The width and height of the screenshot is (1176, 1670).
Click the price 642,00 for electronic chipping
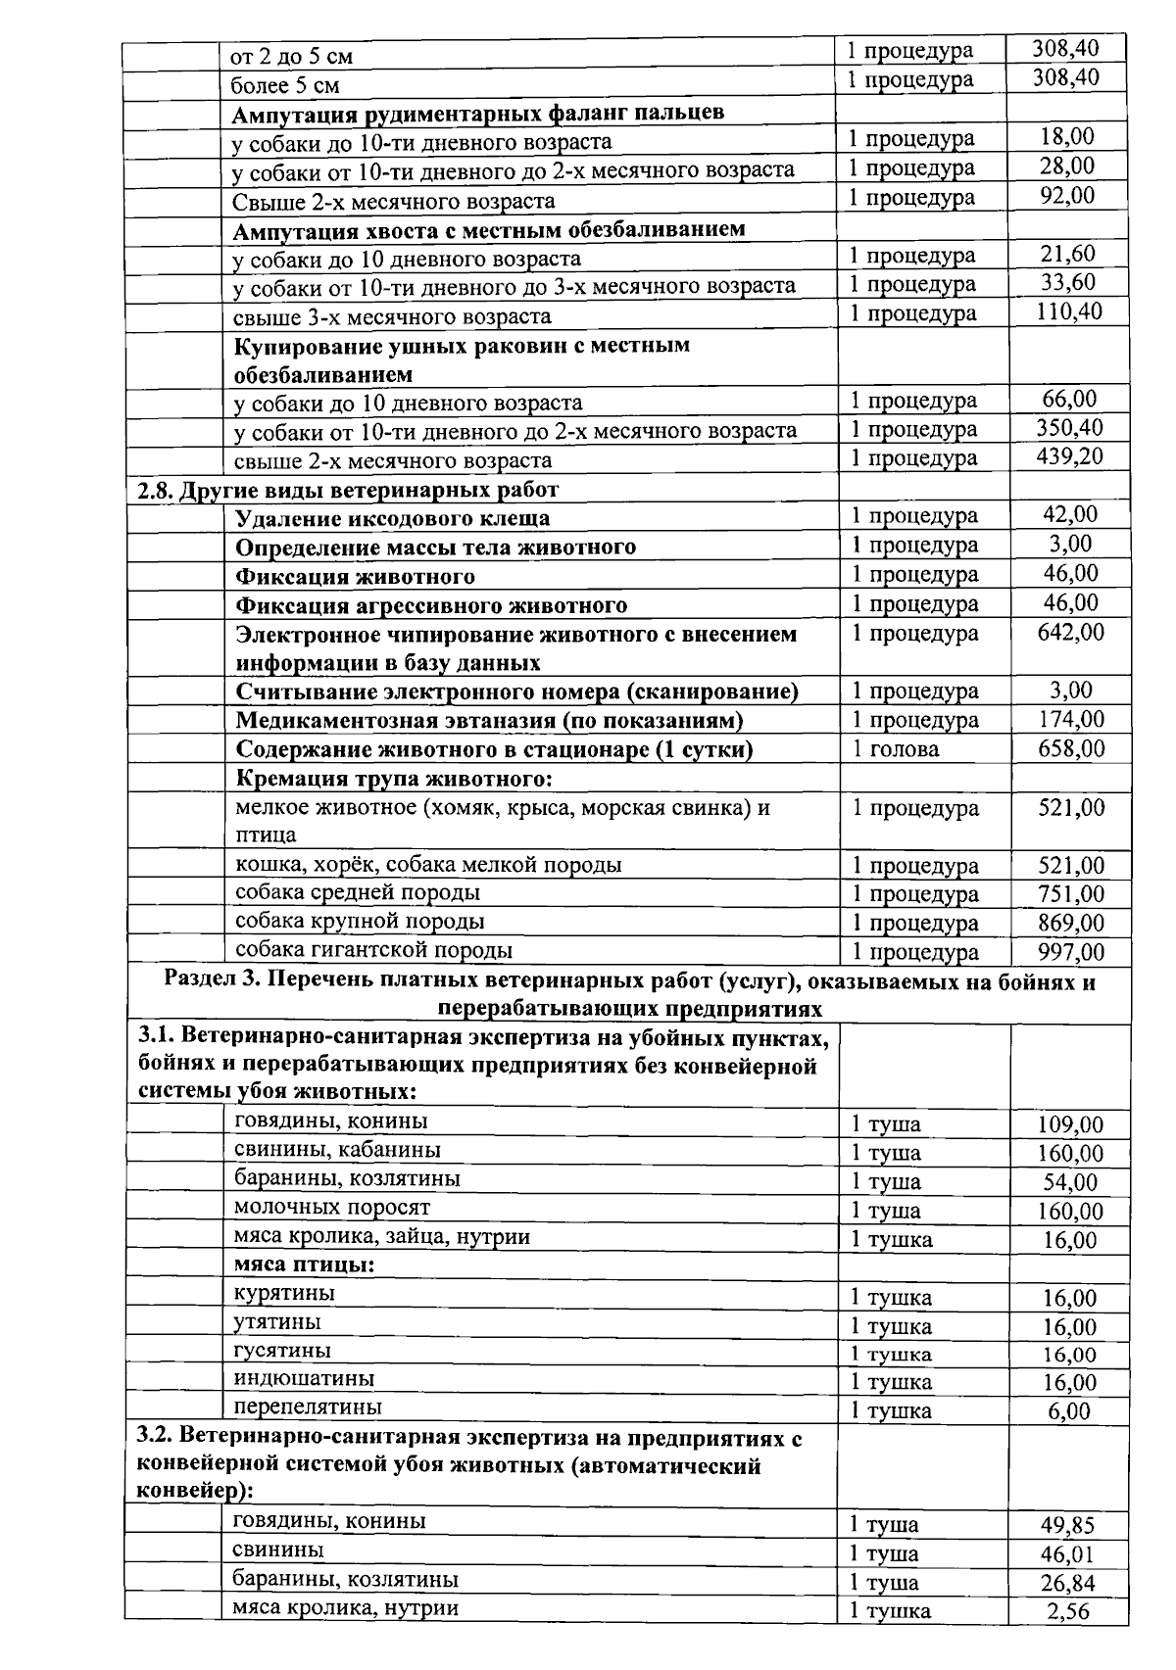click(1070, 633)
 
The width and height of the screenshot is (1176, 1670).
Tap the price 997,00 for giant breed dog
click(1070, 952)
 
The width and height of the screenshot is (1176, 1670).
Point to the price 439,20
click(1069, 456)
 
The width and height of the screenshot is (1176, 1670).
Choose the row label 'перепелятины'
click(308, 1408)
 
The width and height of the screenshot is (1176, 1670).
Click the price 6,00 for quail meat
click(1068, 1411)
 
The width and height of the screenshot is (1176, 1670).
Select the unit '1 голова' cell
click(895, 749)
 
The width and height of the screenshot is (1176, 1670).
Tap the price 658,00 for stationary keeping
click(1070, 749)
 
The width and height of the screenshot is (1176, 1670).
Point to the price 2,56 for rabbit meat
click(1067, 1612)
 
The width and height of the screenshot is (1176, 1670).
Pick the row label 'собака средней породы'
click(357, 893)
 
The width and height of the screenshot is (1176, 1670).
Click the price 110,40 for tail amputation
click(1069, 311)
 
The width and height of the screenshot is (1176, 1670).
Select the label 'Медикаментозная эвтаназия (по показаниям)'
click(489, 721)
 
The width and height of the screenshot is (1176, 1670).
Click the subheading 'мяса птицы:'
click(304, 1264)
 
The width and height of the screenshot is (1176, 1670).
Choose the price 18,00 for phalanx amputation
click(1067, 137)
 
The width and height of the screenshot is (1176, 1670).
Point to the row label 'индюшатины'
click(304, 1379)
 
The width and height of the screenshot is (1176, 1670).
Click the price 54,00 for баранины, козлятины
click(1069, 1182)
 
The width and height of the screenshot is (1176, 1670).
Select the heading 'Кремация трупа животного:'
click(394, 780)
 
